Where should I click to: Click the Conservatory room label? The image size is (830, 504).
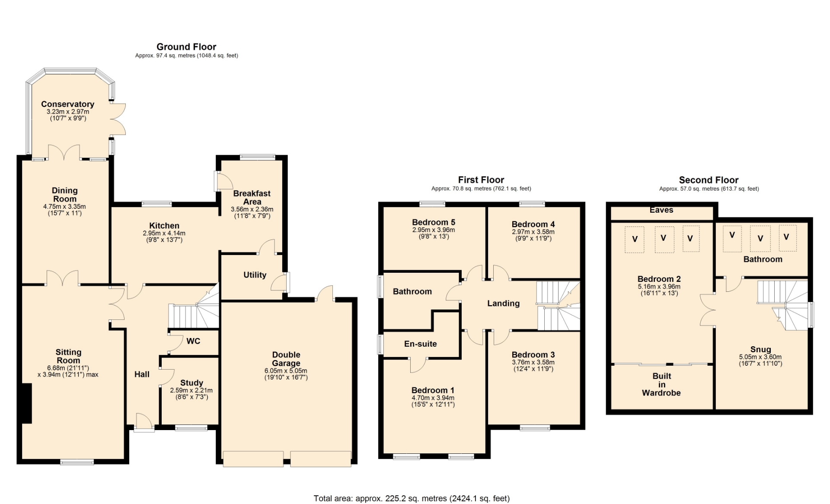click(67, 104)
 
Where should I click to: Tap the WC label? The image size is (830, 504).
click(193, 341)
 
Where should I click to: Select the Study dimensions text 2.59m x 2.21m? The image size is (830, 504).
click(192, 390)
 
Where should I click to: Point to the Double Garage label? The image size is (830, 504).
click(286, 359)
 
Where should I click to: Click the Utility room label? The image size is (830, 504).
click(255, 275)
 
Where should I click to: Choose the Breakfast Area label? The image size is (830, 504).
click(252, 198)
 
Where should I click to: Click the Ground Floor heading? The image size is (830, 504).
click(186, 47)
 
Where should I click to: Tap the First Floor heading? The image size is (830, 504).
click(481, 180)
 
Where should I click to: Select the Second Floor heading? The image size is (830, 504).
click(709, 180)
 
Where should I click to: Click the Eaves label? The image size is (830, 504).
click(661, 210)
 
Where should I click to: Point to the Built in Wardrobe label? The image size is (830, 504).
click(661, 384)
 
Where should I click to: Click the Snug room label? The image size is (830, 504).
click(761, 349)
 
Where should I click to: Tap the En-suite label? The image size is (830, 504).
click(421, 344)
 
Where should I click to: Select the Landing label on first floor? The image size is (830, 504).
click(504, 303)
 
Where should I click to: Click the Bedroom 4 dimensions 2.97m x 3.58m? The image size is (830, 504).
click(533, 232)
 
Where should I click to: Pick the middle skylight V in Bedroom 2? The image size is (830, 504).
click(664, 238)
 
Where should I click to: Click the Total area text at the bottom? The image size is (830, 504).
click(412, 498)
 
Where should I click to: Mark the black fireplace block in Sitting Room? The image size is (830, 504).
click(27, 403)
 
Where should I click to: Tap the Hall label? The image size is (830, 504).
click(142, 374)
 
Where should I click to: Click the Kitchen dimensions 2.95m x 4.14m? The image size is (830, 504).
click(164, 233)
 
